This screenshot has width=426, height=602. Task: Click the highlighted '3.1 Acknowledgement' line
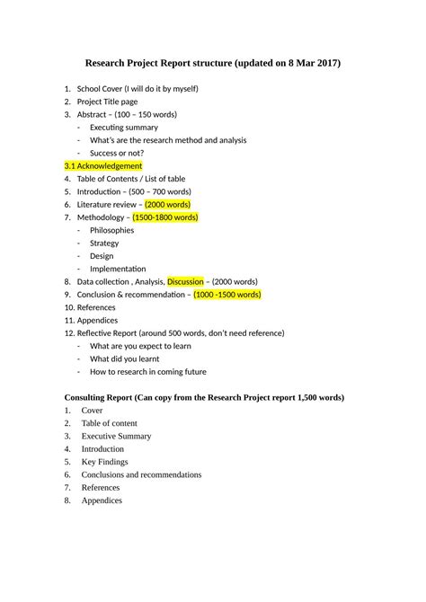point(103,166)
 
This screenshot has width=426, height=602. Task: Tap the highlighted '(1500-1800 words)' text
point(165,217)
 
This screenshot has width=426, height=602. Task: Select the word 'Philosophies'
point(111,230)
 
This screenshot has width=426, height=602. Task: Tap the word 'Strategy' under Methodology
point(104,243)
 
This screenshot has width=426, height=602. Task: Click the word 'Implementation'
point(118,269)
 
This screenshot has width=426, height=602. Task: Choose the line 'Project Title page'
point(107,102)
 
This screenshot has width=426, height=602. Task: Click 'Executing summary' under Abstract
point(123,128)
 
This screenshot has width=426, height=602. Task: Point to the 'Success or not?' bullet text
point(119,153)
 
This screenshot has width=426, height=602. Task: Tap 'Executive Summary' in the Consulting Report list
point(116,436)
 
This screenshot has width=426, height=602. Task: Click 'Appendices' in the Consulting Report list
point(102,500)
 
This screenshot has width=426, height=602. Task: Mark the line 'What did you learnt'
point(125,359)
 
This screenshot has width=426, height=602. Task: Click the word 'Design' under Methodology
point(102,256)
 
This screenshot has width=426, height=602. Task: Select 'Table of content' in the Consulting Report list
point(110,423)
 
